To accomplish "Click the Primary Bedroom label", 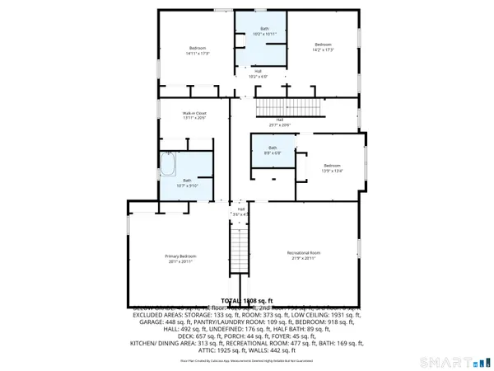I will tap(178, 256).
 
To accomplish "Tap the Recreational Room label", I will tap(303, 252).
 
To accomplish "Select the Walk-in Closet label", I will tap(194, 113).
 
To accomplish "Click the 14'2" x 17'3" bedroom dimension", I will tap(323, 49).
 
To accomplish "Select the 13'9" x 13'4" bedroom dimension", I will tap(331, 171).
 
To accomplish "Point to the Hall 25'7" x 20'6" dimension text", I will tap(280, 125).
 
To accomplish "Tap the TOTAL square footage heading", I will tap(252, 301).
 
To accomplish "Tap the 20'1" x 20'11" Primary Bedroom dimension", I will tap(178, 261).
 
